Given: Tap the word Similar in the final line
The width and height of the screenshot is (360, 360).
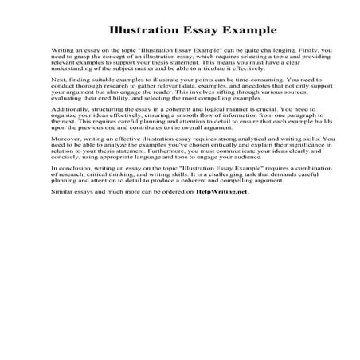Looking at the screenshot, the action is click(x=61, y=213).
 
